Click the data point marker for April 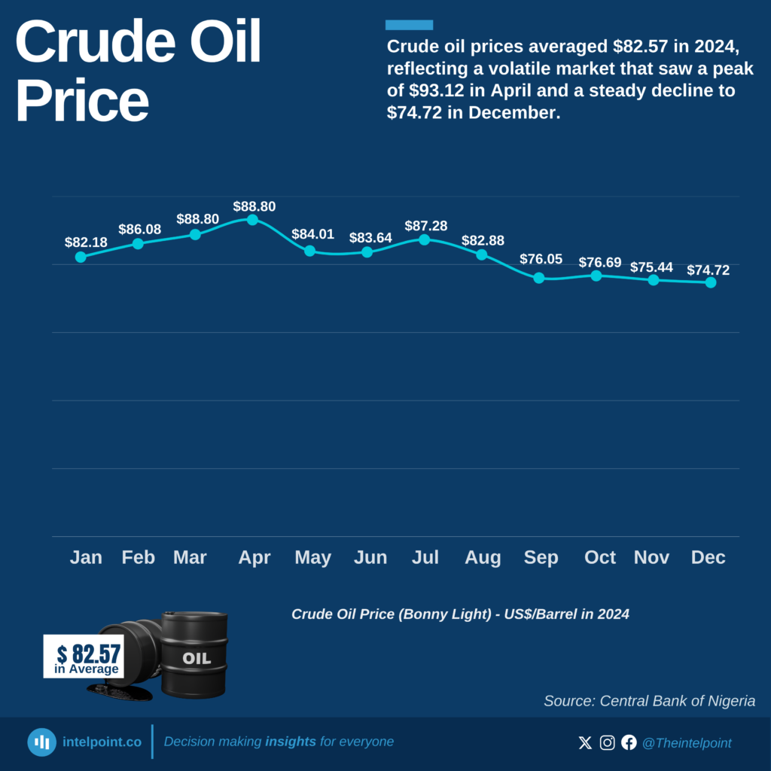(252, 220)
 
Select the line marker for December (710, 282)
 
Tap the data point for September (538, 278)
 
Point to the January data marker (81, 257)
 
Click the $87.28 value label (425, 226)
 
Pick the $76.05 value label (541, 259)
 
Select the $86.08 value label (139, 229)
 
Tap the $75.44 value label (652, 267)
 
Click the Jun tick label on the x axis (370, 557)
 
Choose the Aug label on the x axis (483, 557)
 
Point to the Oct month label (600, 557)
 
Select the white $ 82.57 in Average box (84, 657)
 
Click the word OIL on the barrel (196, 659)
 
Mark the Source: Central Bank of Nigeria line (649, 701)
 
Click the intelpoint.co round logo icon (42, 742)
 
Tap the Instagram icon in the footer (607, 743)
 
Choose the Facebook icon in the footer (629, 743)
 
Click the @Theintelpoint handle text (686, 743)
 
